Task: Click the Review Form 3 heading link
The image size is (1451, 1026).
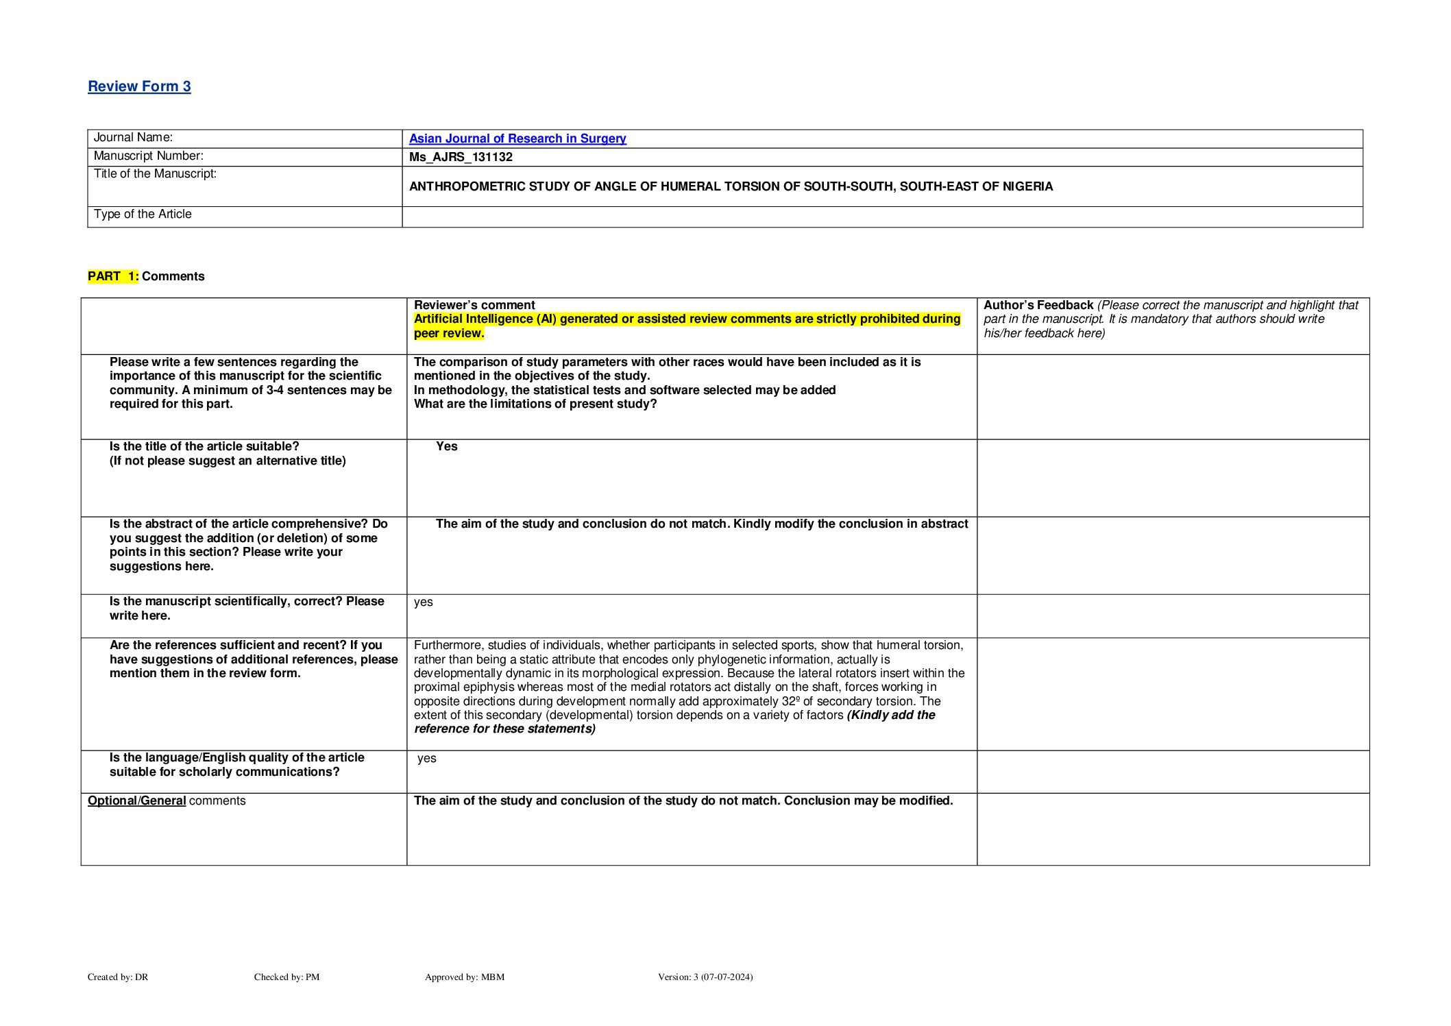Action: pyautogui.click(x=139, y=86)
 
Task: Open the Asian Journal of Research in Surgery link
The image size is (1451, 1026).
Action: pyautogui.click(x=517, y=138)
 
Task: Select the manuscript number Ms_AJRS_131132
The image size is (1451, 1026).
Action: pyautogui.click(x=461, y=157)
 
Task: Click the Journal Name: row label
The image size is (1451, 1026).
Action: pyautogui.click(x=133, y=138)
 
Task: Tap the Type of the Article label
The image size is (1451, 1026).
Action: pyautogui.click(x=143, y=215)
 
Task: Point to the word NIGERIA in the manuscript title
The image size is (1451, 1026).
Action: pyautogui.click(x=1027, y=186)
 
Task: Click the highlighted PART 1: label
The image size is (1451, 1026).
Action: pyautogui.click(x=113, y=276)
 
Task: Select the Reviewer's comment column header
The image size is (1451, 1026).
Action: pyautogui.click(x=474, y=305)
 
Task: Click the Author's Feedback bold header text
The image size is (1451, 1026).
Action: pyautogui.click(x=1038, y=305)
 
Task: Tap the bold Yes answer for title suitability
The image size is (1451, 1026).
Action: pyautogui.click(x=446, y=446)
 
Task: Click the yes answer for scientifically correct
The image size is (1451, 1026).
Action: pyautogui.click(x=423, y=602)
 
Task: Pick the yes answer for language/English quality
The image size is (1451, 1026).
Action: pyautogui.click(x=426, y=758)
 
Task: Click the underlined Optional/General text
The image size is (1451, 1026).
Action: pyautogui.click(x=137, y=801)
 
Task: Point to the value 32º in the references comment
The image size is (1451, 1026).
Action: pyautogui.click(x=790, y=701)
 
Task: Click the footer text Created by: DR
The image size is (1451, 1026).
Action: pyautogui.click(x=118, y=977)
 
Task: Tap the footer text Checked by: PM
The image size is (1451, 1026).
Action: pyautogui.click(x=286, y=977)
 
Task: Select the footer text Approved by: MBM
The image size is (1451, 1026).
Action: pyautogui.click(x=464, y=977)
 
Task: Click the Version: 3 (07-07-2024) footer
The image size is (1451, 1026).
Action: pyautogui.click(x=705, y=977)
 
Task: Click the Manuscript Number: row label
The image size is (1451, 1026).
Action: pyautogui.click(x=148, y=156)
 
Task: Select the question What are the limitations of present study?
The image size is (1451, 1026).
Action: pyautogui.click(x=535, y=404)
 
